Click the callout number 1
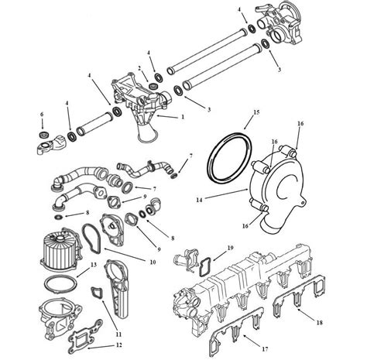(183, 116)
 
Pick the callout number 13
(94, 266)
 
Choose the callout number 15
(246, 112)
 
